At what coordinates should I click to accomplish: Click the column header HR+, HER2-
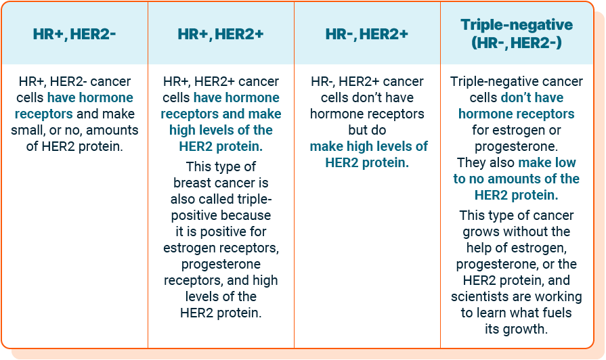(74, 33)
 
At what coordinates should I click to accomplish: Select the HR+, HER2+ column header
(220, 33)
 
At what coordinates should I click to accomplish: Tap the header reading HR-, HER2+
(366, 33)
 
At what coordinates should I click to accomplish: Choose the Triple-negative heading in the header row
(516, 25)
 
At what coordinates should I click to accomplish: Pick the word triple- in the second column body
(248, 199)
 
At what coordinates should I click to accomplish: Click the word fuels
(554, 313)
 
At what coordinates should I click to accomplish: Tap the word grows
(485, 231)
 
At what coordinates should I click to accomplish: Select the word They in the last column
(472, 162)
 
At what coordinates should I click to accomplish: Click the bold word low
(565, 162)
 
